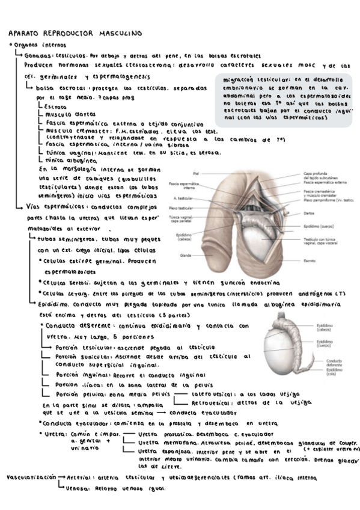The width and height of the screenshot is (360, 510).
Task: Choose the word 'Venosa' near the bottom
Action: point(78,488)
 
